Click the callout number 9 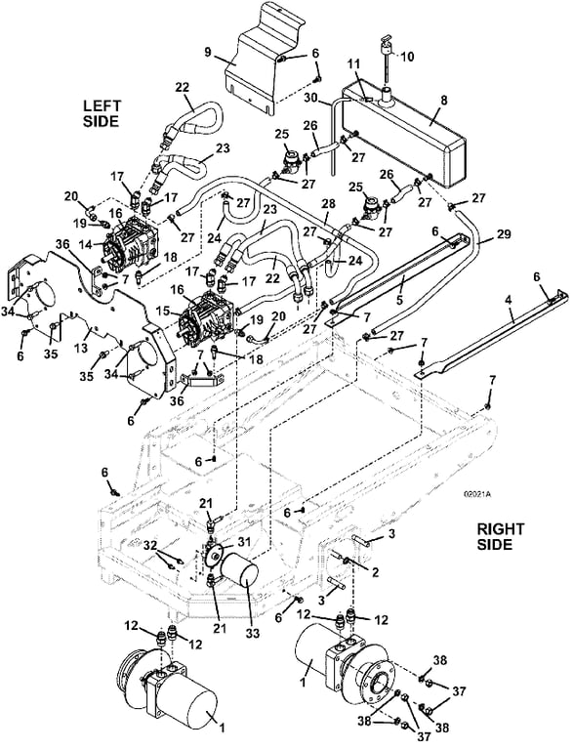coord(208,52)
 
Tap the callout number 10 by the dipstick coord(407,57)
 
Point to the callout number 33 coord(253,633)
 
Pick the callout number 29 coord(504,234)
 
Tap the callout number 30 coord(311,97)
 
